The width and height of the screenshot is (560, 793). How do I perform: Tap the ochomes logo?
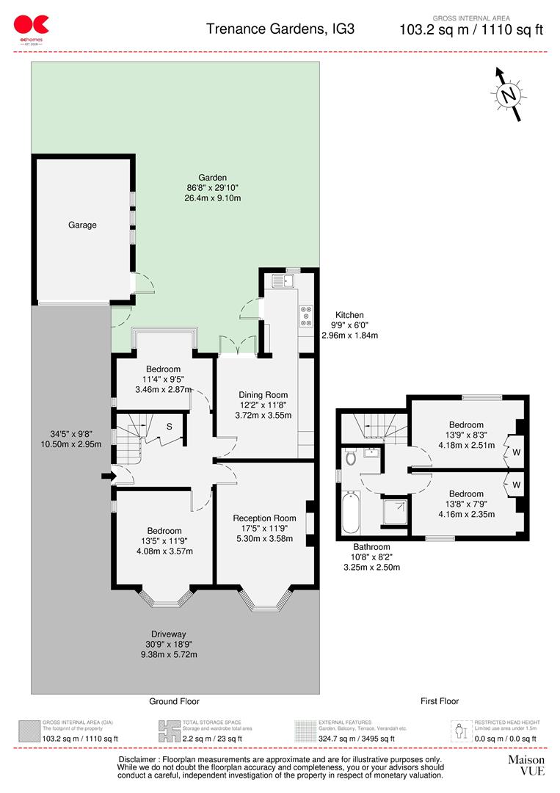(x=32, y=29)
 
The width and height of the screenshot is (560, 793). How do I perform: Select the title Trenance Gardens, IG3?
(x=280, y=29)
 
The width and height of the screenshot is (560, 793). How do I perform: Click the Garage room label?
(x=82, y=225)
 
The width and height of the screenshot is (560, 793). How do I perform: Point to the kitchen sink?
(x=282, y=280)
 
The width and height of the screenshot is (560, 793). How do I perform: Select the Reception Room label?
(x=264, y=518)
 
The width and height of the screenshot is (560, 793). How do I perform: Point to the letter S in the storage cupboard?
(x=168, y=427)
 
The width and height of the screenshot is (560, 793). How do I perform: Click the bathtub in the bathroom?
(x=351, y=514)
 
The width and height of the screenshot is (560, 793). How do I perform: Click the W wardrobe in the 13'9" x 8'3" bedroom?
(x=517, y=452)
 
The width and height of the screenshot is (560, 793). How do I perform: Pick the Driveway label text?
(x=169, y=634)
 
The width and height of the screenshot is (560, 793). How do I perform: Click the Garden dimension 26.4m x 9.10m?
(x=213, y=198)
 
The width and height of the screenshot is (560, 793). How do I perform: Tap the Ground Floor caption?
(x=174, y=701)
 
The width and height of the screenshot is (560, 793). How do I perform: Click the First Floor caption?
(x=440, y=701)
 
